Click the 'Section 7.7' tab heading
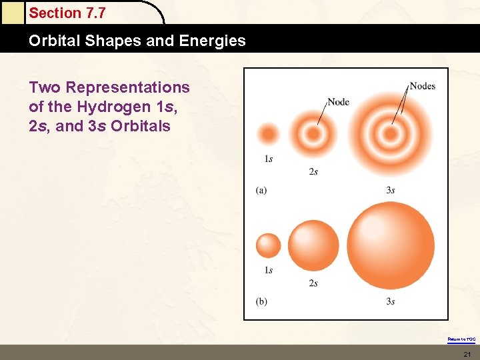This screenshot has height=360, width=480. pyautogui.click(x=67, y=13)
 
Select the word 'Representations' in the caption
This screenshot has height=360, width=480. pyautogui.click(x=128, y=87)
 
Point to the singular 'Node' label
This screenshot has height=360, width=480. pyautogui.click(x=338, y=102)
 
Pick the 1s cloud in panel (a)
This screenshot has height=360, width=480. pyautogui.click(x=268, y=134)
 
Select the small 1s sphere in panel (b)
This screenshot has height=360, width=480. pyautogui.click(x=269, y=245)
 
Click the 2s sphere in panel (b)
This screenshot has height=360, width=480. pyautogui.click(x=313, y=245)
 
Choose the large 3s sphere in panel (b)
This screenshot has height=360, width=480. pyautogui.click(x=390, y=245)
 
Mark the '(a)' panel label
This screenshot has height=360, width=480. pyautogui.click(x=261, y=190)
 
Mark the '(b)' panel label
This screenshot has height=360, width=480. pyautogui.click(x=261, y=301)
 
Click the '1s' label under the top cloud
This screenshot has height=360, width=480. pyautogui.click(x=268, y=159)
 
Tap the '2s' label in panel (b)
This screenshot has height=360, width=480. pyautogui.click(x=313, y=283)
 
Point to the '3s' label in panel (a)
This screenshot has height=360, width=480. pyautogui.click(x=391, y=190)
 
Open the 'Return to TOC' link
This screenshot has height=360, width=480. pyautogui.click(x=461, y=339)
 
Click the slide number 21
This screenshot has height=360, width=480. pyautogui.click(x=467, y=353)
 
